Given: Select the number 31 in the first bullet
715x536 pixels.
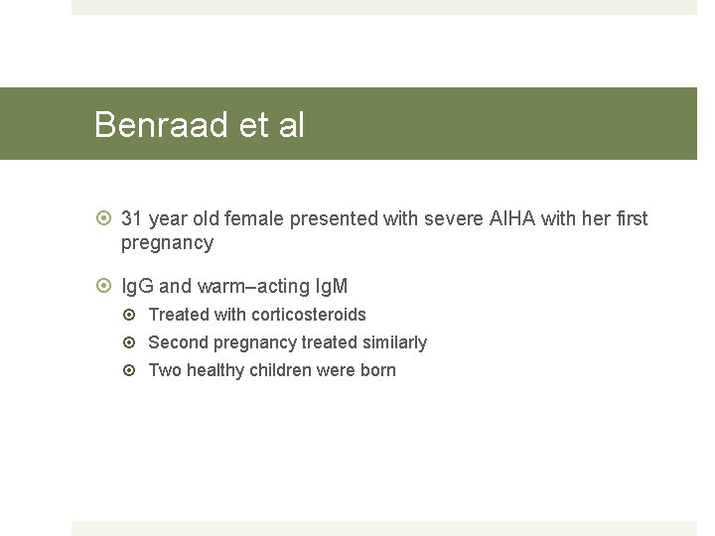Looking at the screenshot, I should point(131,218).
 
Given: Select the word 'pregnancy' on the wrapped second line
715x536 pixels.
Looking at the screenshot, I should point(167,243).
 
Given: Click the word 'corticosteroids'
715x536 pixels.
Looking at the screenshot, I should point(309,315).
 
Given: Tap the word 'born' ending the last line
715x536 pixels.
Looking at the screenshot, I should point(378,370).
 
